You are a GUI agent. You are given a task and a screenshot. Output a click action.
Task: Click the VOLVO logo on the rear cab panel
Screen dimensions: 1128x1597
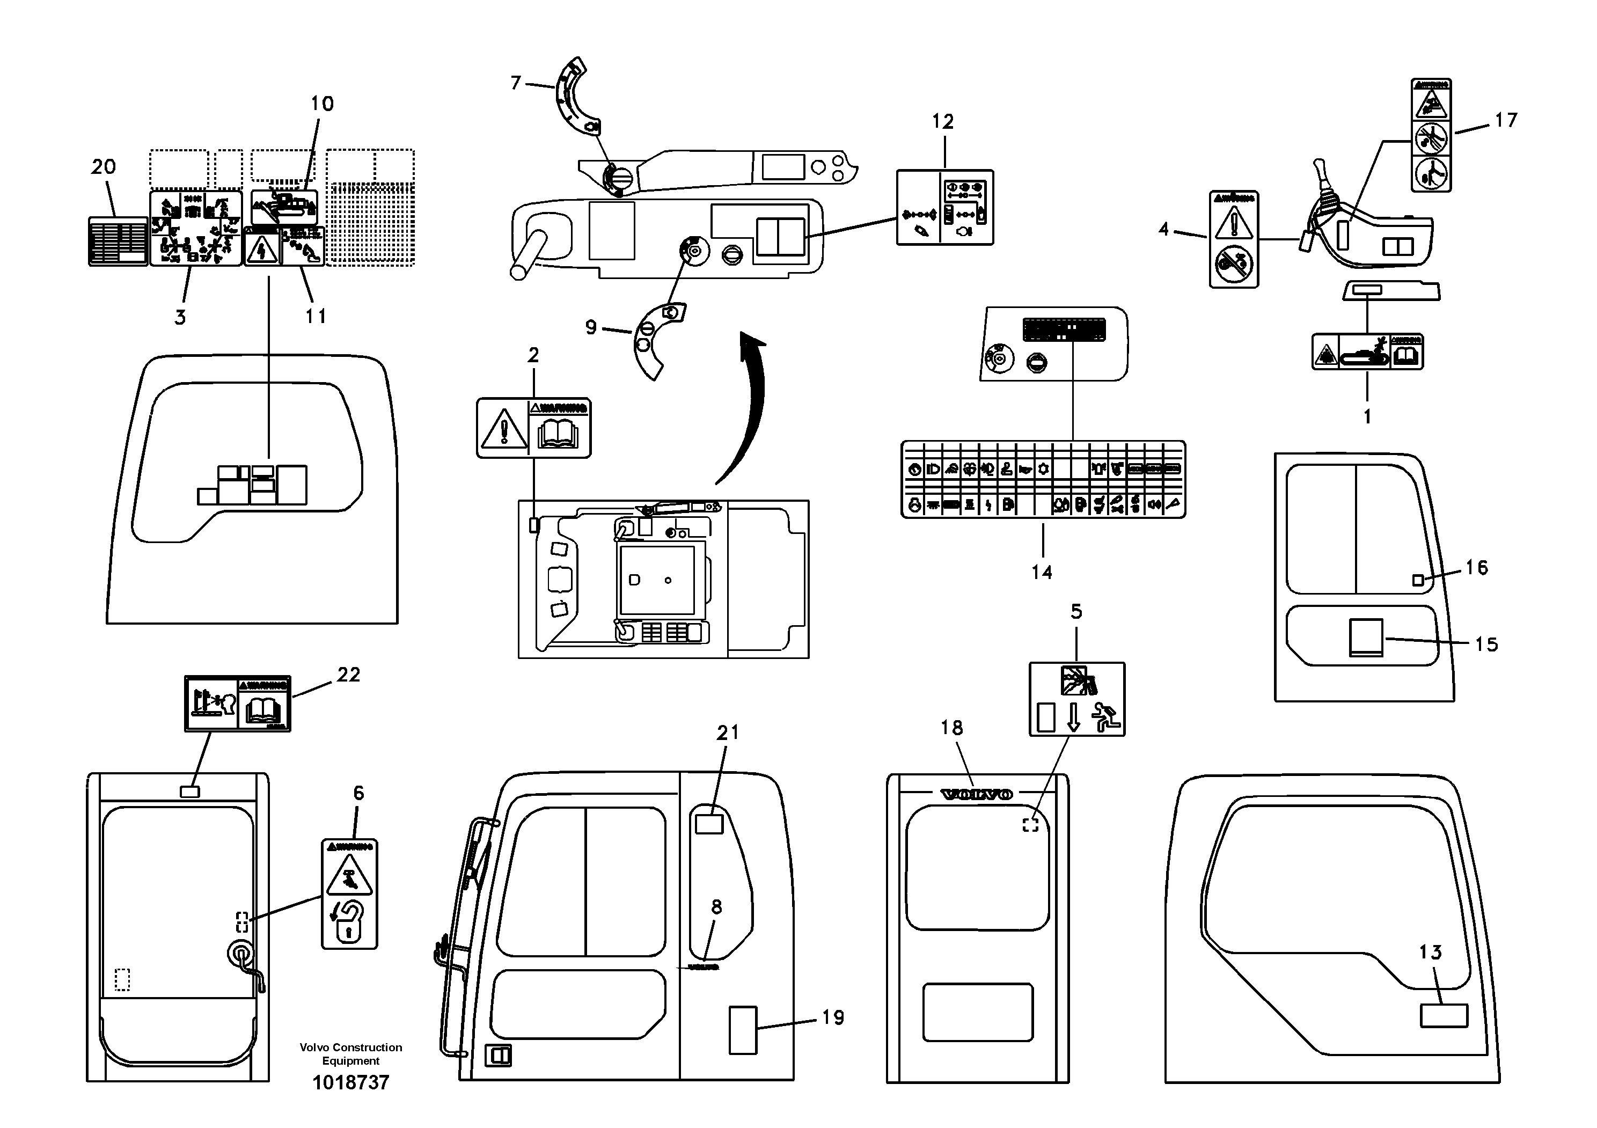click(x=976, y=794)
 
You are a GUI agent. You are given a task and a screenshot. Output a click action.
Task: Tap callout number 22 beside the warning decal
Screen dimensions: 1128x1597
click(x=348, y=674)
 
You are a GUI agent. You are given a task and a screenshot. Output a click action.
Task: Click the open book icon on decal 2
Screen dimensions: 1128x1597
click(x=559, y=435)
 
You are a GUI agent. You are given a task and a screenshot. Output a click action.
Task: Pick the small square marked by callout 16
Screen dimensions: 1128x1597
click(x=1418, y=580)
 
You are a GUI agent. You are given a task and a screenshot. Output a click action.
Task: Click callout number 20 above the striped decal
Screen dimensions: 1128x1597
click(x=104, y=166)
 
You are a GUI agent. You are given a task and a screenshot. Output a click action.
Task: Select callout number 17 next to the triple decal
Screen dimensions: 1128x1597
click(x=1506, y=120)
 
